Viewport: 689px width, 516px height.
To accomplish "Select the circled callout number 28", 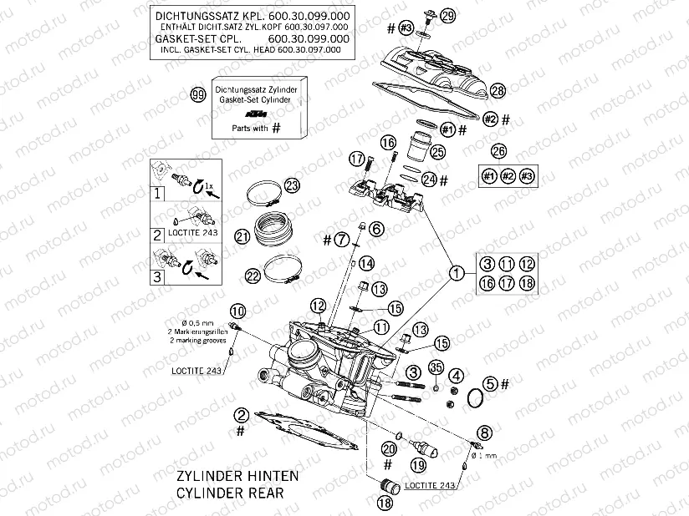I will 498,90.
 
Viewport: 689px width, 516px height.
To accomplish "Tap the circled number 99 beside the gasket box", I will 197,94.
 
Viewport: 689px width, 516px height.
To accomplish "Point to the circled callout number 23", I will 291,185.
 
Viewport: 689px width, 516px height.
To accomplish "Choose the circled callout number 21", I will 242,237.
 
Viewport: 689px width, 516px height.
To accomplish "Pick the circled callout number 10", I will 237,311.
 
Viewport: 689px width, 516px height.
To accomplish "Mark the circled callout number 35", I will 435,367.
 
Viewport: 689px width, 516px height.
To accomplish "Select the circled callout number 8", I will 483,432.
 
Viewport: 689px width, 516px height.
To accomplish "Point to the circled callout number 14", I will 365,265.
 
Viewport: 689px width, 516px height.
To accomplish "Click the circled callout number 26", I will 498,151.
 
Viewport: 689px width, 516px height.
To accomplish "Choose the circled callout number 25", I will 436,151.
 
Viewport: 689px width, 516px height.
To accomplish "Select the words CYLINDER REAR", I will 229,493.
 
